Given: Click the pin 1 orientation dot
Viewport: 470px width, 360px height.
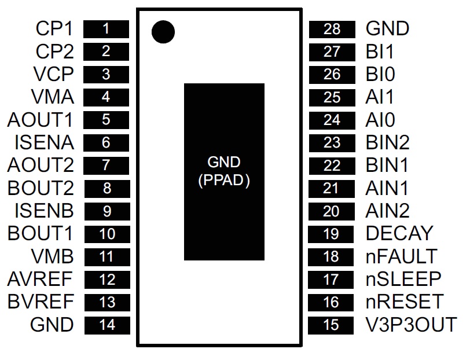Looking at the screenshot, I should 163,32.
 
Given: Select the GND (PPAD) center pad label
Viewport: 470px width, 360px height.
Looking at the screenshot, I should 224,171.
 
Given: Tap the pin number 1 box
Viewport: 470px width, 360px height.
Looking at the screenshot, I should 106,28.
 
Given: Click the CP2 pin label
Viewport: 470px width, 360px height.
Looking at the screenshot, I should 55,52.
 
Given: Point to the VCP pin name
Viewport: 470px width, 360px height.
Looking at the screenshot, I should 54,74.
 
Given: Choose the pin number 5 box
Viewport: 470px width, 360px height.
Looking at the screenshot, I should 106,120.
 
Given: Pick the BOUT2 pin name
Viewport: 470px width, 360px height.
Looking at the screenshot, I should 41,188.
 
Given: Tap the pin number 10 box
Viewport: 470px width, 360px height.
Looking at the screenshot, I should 107,234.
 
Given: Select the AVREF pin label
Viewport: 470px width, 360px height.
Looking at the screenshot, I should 41,280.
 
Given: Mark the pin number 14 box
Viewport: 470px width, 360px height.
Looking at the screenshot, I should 107,325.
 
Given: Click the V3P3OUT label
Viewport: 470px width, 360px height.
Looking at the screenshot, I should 412,325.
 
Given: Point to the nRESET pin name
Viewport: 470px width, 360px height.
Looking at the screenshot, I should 405,302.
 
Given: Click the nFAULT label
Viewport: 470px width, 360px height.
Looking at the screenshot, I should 402,256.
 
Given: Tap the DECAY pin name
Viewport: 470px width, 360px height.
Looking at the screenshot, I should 399,234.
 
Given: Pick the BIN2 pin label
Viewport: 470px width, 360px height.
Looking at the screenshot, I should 388,142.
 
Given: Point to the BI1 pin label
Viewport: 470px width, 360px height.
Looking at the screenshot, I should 380,52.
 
